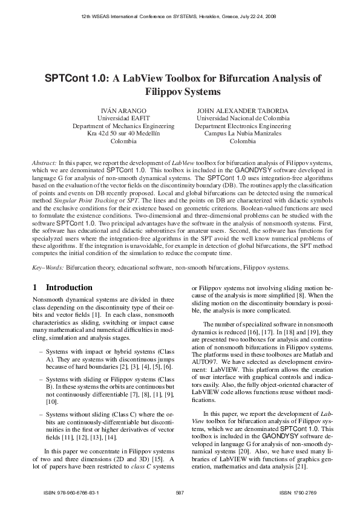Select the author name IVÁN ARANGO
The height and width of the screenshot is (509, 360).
(123, 111)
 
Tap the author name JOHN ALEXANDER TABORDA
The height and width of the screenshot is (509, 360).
(242, 111)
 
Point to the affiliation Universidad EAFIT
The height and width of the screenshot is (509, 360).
(123, 118)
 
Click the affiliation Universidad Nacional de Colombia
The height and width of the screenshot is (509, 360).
(242, 118)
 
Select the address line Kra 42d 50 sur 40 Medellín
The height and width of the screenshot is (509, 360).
(123, 134)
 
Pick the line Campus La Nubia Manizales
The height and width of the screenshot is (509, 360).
(242, 134)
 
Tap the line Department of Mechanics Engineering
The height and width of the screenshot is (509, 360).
(123, 126)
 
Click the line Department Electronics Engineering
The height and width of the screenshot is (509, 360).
(242, 126)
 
